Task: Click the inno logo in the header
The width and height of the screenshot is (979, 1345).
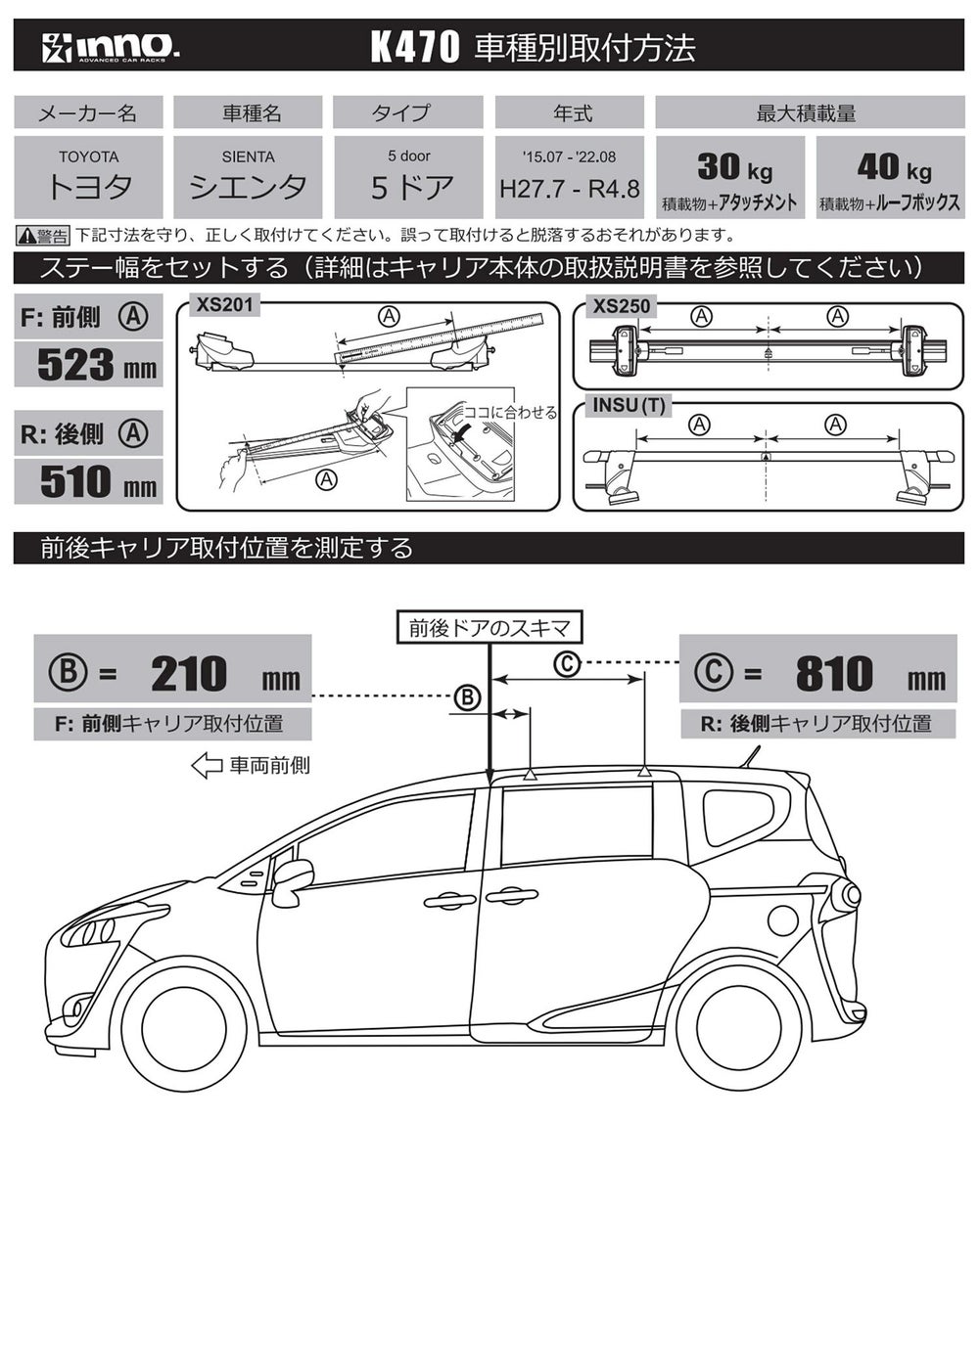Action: point(109,47)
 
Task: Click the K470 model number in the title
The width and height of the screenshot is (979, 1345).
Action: point(414,47)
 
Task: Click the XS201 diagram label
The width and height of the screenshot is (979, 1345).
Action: point(224,305)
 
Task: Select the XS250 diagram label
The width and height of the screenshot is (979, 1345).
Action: point(621,306)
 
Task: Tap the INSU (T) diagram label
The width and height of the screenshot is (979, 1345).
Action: point(629,405)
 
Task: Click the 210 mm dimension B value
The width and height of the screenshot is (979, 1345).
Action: point(189,674)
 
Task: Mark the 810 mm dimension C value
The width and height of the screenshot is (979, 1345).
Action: point(834,674)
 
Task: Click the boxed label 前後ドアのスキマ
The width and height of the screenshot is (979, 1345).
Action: point(489,628)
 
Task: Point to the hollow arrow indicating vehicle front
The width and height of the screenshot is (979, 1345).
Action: point(207,765)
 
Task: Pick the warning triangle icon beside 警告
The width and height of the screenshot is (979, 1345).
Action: point(26,235)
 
